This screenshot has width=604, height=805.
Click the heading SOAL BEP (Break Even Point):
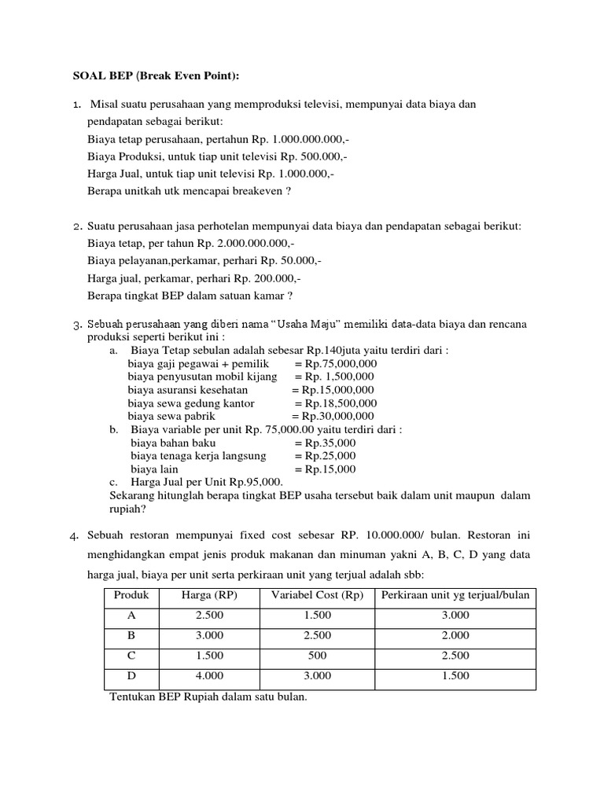click(156, 75)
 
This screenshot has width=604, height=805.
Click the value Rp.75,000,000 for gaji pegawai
click(336, 364)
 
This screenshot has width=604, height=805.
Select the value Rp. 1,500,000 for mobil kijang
click(334, 377)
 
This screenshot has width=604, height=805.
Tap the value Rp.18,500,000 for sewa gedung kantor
click(334, 402)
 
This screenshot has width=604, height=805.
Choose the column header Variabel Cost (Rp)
click(317, 594)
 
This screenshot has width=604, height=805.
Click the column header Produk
click(131, 594)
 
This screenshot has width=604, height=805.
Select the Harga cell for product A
click(209, 615)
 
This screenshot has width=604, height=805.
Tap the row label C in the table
click(131, 655)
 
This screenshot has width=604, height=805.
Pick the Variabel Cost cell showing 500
click(317, 655)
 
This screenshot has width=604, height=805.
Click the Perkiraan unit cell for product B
click(455, 635)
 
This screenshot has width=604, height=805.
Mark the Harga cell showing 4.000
click(209, 675)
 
